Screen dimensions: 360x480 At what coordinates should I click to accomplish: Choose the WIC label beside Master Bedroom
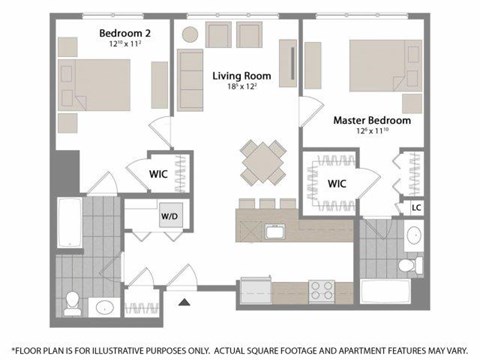coord(337,183)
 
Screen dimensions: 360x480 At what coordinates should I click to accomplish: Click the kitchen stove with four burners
coord(323,291)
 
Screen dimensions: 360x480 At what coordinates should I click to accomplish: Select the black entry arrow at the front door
coord(184,300)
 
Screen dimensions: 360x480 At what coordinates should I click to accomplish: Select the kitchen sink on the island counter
coord(273,231)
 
